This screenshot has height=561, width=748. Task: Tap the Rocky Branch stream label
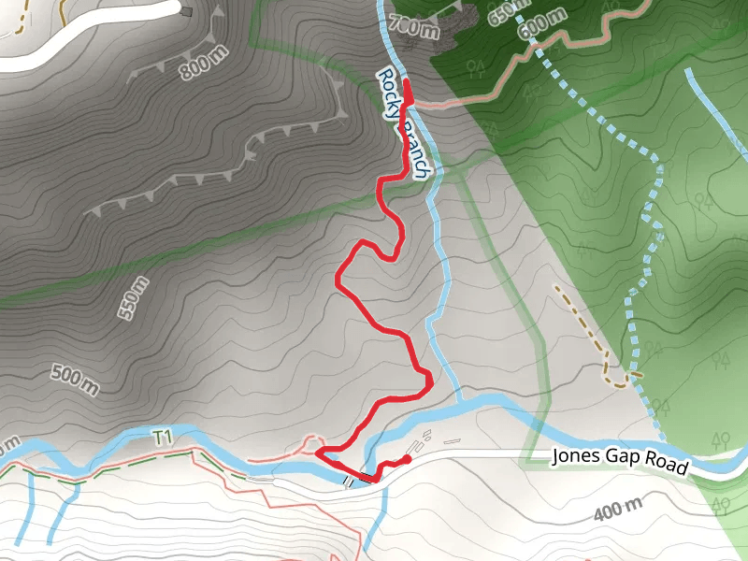tap(405, 122)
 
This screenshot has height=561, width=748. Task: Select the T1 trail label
tap(164, 437)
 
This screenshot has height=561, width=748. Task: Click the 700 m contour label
tap(413, 27)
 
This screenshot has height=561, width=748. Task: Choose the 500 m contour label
tap(75, 377)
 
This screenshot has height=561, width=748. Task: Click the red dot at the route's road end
tap(407, 459)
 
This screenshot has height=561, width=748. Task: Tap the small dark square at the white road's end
tap(186, 11)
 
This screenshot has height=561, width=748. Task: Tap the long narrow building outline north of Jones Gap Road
tap(453, 441)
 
